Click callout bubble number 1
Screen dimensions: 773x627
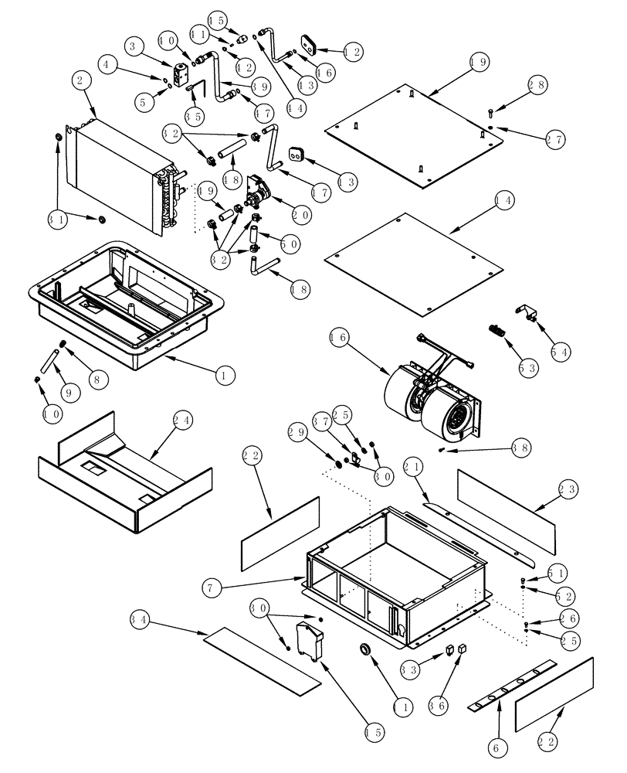pos(223,376)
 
